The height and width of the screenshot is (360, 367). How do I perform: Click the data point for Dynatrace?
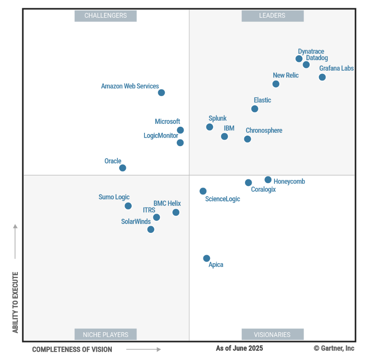click(x=299, y=59)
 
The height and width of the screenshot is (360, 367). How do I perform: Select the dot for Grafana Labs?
click(x=322, y=77)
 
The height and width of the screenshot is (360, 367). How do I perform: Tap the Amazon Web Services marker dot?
click(x=161, y=92)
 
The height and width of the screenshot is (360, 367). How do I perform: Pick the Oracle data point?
click(x=122, y=168)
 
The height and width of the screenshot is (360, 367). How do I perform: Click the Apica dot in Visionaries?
click(x=206, y=258)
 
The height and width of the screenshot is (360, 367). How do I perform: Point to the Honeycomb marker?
click(x=268, y=180)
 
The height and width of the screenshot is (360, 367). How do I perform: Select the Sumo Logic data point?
click(x=128, y=206)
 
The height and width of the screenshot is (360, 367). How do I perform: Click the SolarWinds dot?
click(x=151, y=229)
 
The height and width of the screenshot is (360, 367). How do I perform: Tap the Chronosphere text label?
click(x=264, y=130)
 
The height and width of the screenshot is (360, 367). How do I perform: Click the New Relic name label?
click(x=285, y=75)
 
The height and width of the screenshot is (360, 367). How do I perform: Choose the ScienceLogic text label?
click(x=222, y=199)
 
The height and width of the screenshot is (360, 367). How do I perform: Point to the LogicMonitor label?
click(x=161, y=136)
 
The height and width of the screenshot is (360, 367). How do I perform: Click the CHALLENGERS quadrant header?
click(x=105, y=16)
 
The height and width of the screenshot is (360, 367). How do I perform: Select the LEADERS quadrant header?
click(x=272, y=16)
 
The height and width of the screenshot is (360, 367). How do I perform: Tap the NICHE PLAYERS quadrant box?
click(x=105, y=335)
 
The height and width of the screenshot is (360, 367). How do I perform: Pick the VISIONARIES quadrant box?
click(x=272, y=335)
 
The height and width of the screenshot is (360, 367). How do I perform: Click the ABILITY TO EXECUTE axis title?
click(x=15, y=302)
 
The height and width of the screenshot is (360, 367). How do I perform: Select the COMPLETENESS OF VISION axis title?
click(x=72, y=349)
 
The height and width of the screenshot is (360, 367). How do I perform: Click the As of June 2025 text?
click(x=239, y=348)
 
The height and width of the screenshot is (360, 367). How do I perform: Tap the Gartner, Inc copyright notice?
click(x=334, y=348)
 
